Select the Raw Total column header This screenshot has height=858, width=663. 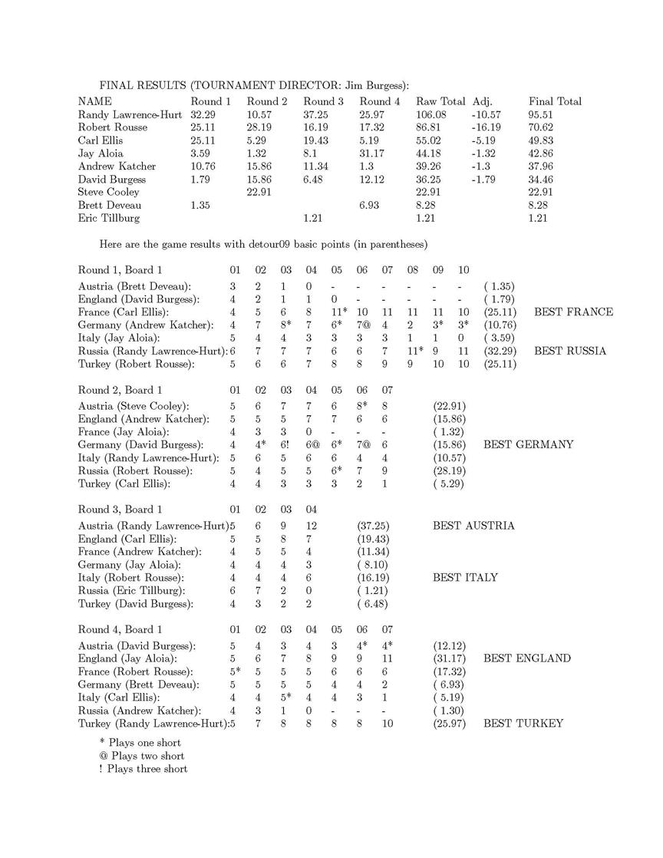coord(440,101)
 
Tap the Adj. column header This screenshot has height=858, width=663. coord(482,101)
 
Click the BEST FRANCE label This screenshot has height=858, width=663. coord(573,312)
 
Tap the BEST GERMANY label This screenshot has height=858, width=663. coord(528,444)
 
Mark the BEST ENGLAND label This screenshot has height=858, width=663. coord(527,658)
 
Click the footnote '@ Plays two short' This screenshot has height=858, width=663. coord(142,756)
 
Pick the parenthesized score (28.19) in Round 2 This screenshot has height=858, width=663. coord(450,470)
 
